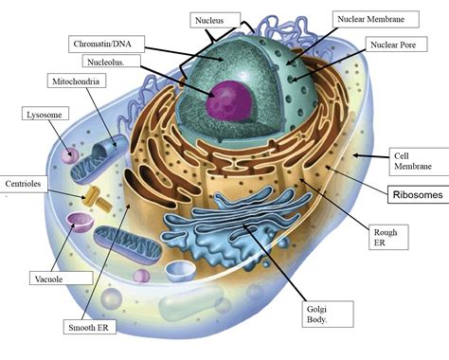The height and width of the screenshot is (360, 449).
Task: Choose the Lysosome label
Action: (x=42, y=114)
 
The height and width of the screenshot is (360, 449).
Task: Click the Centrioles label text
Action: (x=25, y=184)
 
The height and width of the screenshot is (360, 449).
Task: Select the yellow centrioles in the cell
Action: (x=98, y=198)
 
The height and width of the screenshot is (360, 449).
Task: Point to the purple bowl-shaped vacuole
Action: (x=79, y=224)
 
